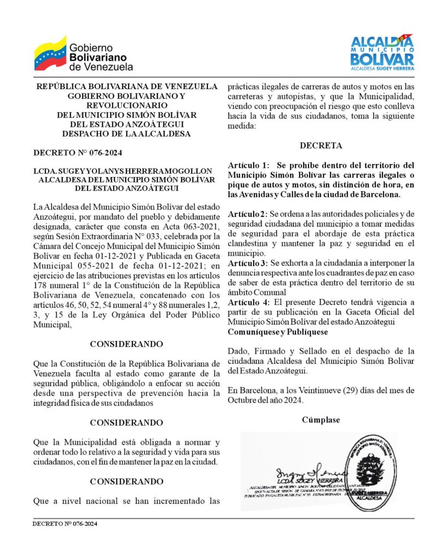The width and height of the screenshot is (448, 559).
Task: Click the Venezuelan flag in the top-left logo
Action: click(x=50, y=54)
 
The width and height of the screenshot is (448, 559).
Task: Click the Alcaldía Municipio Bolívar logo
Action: click(x=382, y=52)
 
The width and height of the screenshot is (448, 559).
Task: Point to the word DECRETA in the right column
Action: click(x=321, y=145)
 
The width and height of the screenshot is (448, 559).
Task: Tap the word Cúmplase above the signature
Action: click(x=321, y=420)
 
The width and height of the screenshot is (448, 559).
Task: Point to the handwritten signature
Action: click(x=304, y=470)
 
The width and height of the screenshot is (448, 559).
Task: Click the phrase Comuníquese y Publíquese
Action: click(x=278, y=332)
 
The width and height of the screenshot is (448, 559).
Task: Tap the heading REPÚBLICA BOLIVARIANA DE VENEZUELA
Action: click(x=126, y=86)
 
